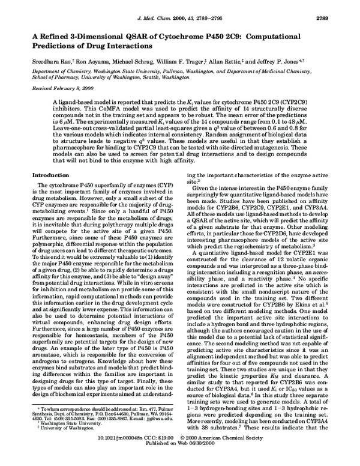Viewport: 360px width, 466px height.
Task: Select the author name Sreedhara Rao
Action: tap(51, 62)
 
